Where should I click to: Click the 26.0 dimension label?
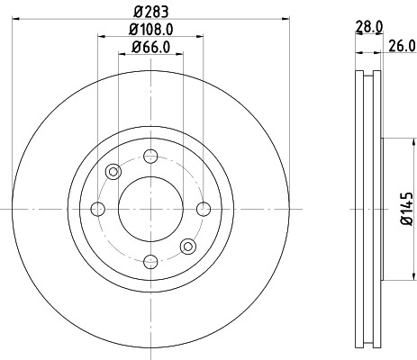[x=402, y=46]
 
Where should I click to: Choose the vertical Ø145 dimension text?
[x=406, y=208]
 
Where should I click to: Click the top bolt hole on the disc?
[x=150, y=157]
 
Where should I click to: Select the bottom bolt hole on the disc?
[x=150, y=262]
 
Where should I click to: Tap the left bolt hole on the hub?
[x=97, y=209]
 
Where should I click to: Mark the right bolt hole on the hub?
[x=203, y=209]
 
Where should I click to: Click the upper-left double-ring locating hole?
[x=113, y=172]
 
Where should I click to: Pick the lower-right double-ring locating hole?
[x=187, y=247]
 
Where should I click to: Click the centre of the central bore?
[x=150, y=209]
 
